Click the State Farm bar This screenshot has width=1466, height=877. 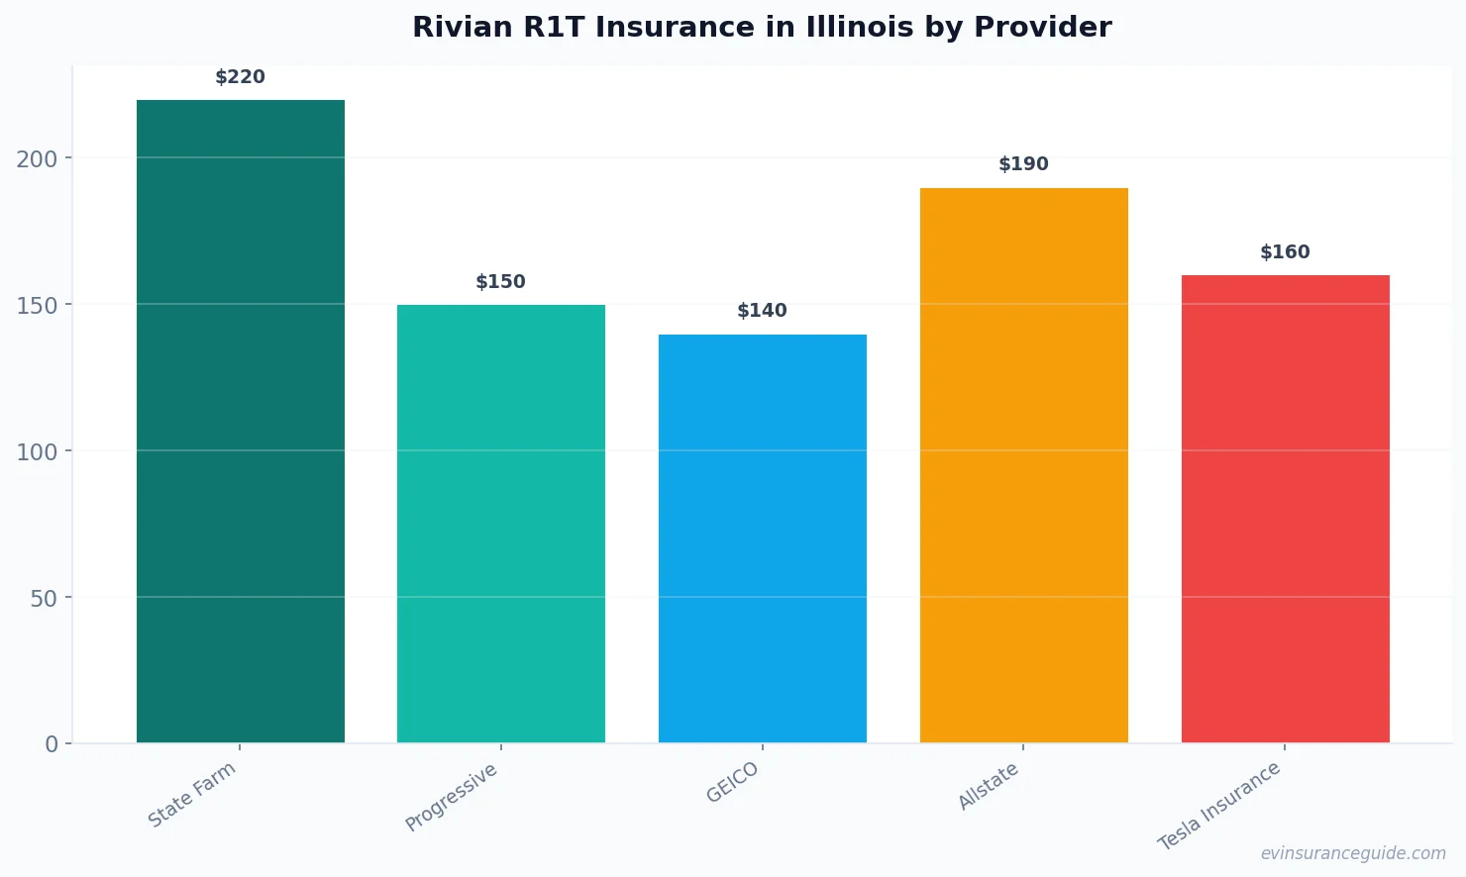tap(241, 421)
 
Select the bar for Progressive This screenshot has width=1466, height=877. tap(501, 524)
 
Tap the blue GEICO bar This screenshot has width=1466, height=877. tap(763, 538)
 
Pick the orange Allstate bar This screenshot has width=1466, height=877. tap(1023, 465)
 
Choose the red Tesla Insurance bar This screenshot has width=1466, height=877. tap(1285, 509)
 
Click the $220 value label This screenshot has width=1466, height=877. tap(241, 77)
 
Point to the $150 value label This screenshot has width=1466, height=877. tap(501, 282)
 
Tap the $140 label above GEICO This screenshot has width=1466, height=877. tap(763, 311)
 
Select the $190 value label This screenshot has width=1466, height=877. tap(1023, 164)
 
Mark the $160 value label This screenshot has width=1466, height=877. tap(1285, 252)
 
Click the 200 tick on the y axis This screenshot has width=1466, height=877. tap(37, 158)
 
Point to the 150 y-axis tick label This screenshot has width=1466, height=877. tap(37, 305)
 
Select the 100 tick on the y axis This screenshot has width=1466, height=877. tap(37, 451)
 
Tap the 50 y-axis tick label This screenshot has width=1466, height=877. tap(44, 598)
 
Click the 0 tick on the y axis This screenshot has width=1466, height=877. tap(52, 744)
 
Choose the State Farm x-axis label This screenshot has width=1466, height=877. tap(192, 795)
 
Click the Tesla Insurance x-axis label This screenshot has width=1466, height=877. tap(1219, 807)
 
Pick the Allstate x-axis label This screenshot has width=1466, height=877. tap(989, 787)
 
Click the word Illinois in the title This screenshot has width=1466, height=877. tap(860, 28)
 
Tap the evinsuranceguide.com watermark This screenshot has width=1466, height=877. tap(1353, 853)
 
